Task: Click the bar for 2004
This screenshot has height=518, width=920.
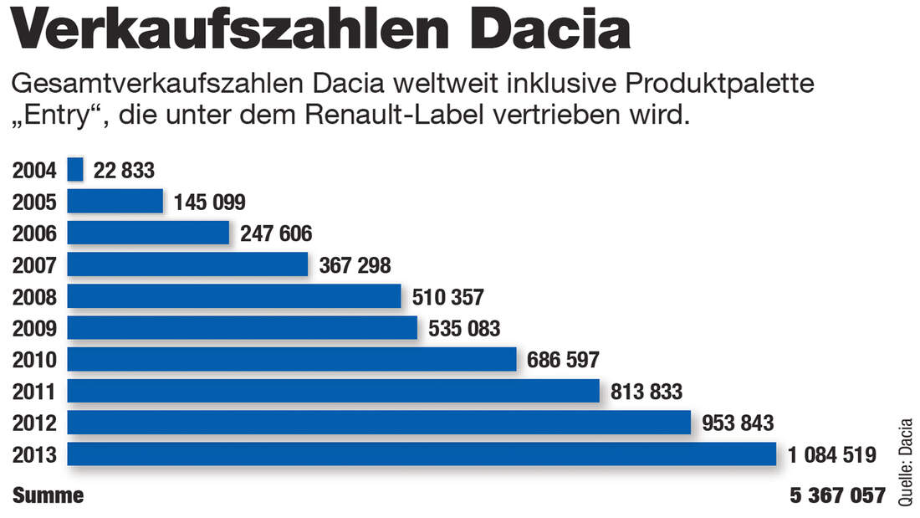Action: click(75, 170)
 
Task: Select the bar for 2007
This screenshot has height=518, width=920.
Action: click(187, 264)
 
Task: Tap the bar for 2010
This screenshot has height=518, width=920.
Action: click(291, 359)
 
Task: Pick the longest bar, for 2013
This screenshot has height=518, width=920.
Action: click(422, 454)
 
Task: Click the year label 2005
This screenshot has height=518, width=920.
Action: click(34, 202)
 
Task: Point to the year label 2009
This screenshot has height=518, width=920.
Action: click(34, 328)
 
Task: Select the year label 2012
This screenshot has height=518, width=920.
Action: click(34, 423)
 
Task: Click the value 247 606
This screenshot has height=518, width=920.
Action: click(275, 233)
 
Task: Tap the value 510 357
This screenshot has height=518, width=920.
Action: click(447, 297)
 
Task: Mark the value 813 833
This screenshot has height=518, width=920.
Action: click(647, 392)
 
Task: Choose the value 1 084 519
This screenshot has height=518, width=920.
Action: click(831, 455)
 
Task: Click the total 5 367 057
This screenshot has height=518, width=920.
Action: click(836, 495)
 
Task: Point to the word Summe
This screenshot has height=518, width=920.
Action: click(48, 495)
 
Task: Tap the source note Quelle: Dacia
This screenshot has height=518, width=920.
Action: click(906, 461)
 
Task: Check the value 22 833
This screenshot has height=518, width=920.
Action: click(124, 171)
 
